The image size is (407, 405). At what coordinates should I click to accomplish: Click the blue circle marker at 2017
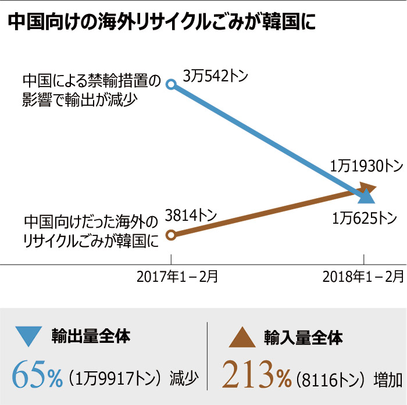click(x=170, y=84)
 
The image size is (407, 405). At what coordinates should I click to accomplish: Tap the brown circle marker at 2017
click(x=170, y=235)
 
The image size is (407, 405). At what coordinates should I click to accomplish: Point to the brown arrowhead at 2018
click(x=369, y=187)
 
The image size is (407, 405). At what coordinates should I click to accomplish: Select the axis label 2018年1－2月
click(x=363, y=277)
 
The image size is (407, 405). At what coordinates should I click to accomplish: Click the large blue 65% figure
click(x=37, y=375)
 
